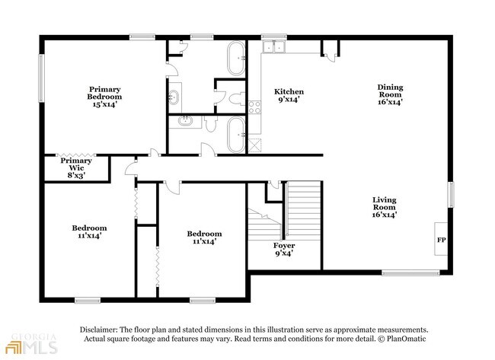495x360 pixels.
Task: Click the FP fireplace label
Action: (x=442, y=240)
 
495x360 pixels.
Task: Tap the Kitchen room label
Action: (x=289, y=92)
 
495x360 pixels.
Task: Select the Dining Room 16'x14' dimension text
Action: (x=390, y=102)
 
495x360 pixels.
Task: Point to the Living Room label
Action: (x=384, y=203)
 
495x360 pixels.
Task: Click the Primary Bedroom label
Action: (x=104, y=93)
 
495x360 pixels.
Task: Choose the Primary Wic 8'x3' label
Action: (x=76, y=168)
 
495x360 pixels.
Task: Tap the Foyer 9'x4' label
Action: (x=284, y=249)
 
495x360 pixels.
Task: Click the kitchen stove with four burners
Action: (x=254, y=107)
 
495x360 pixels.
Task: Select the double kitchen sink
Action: (x=274, y=46)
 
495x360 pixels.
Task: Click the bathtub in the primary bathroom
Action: (x=236, y=59)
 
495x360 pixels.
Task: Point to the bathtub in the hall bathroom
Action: (x=236, y=135)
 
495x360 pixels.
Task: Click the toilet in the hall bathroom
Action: (x=210, y=123)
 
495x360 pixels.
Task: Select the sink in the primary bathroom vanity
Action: (x=174, y=97)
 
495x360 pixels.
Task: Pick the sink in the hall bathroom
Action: (x=185, y=121)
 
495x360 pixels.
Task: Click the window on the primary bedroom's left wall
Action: (x=41, y=78)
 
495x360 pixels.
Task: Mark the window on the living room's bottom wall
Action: (x=410, y=272)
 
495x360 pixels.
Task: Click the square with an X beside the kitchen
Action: (x=255, y=146)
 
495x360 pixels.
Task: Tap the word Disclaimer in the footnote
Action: (x=99, y=330)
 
